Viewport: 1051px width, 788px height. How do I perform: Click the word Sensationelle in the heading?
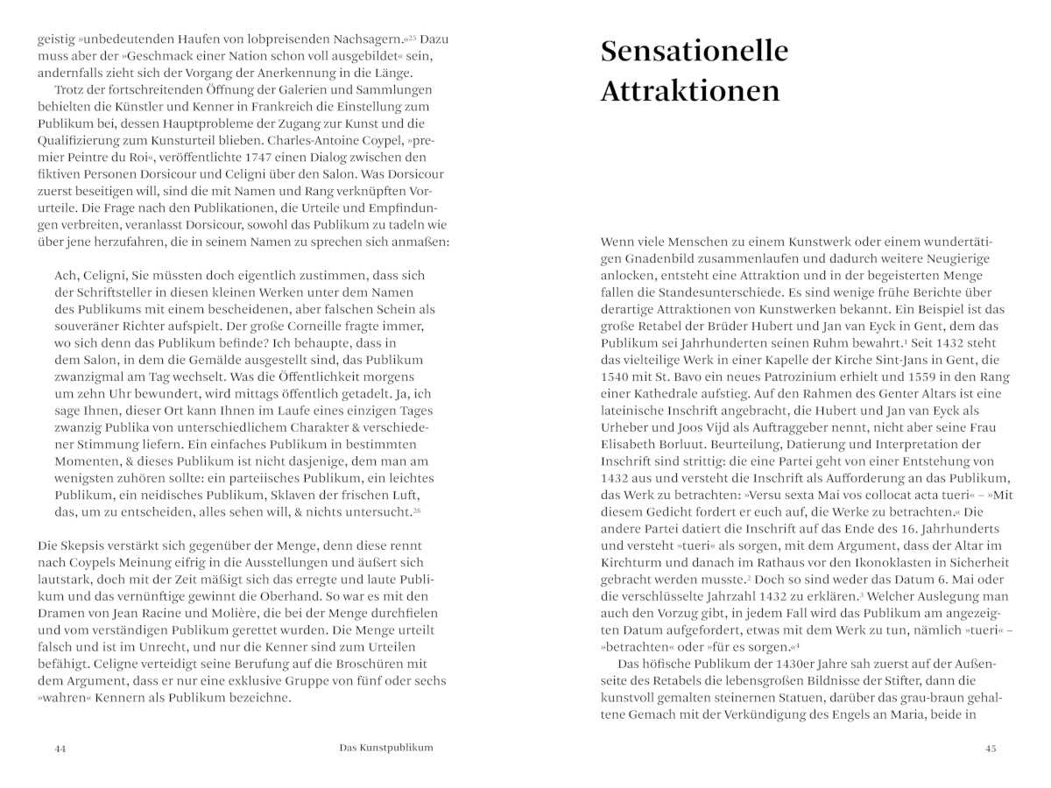pos(694,52)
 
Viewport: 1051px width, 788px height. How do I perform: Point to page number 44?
pos(60,749)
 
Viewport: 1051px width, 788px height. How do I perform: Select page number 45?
pos(991,749)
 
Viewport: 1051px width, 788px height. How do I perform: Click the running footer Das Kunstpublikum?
pos(386,748)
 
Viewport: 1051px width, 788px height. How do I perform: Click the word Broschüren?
pos(374,664)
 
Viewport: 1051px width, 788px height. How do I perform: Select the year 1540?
pos(617,376)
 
